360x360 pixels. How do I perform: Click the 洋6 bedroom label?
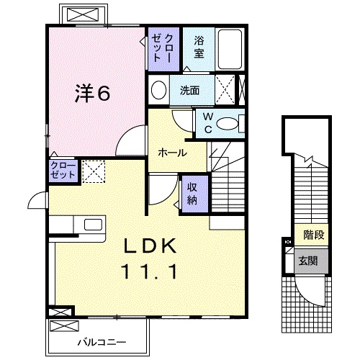(93, 94)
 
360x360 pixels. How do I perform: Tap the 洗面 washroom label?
(190, 91)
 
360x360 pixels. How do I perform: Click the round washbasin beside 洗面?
(159, 90)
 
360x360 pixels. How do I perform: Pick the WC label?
(207, 122)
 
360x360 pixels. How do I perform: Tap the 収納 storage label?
(194, 193)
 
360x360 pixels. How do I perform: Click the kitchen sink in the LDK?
(93, 225)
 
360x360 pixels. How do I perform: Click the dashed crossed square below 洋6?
(94, 171)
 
